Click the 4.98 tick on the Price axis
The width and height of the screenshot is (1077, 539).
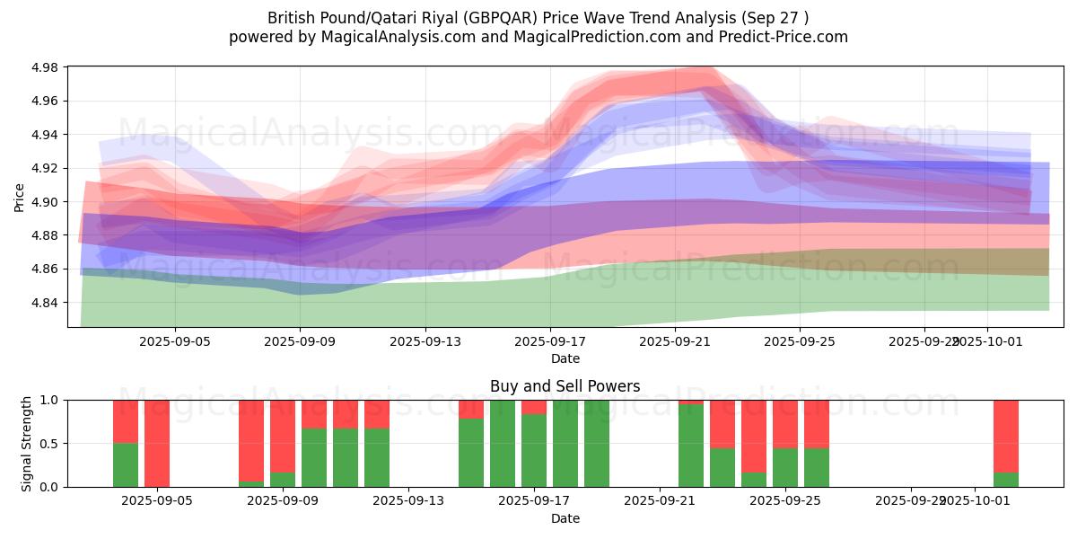click(x=46, y=67)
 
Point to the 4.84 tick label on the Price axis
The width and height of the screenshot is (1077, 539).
click(x=46, y=303)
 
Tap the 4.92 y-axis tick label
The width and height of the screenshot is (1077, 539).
click(x=46, y=168)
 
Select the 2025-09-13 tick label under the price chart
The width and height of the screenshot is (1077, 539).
click(x=425, y=341)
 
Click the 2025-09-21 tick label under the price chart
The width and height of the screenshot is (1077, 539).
click(x=676, y=341)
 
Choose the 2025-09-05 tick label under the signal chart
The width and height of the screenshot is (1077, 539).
click(x=157, y=501)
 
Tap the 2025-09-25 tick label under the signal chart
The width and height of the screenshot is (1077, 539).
click(x=785, y=501)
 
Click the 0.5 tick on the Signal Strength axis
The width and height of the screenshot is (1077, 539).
click(x=50, y=444)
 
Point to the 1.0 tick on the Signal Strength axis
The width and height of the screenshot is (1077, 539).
click(x=50, y=400)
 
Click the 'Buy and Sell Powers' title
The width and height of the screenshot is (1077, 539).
click(x=565, y=386)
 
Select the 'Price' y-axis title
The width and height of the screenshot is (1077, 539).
click(x=20, y=197)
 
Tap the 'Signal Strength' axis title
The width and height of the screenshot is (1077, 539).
click(x=27, y=443)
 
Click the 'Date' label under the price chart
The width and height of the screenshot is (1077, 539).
click(x=565, y=358)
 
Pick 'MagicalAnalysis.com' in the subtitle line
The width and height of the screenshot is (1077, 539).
click(x=389, y=37)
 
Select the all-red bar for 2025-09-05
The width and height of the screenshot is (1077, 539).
click(x=157, y=443)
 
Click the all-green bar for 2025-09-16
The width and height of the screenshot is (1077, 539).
click(x=503, y=443)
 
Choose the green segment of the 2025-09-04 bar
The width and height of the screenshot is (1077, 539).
click(x=126, y=464)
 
